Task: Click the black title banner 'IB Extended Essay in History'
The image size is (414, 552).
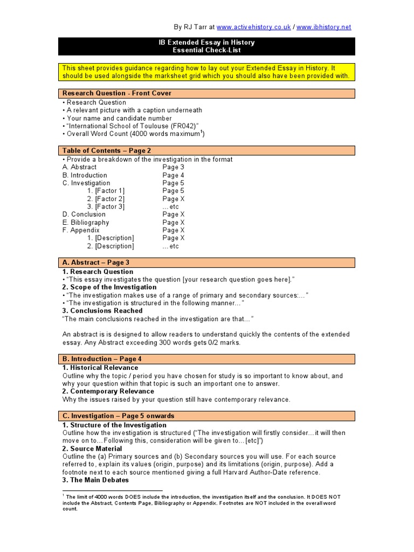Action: [x=207, y=46]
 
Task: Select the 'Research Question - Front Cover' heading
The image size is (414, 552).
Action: [x=117, y=93]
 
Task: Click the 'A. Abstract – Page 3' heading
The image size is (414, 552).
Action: [x=96, y=263]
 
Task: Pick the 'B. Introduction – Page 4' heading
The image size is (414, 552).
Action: [x=102, y=358]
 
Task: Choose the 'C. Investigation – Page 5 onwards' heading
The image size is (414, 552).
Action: [x=118, y=416]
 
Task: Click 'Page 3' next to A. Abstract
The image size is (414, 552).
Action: [x=173, y=167]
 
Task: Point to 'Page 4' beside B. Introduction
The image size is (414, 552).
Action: [x=173, y=175]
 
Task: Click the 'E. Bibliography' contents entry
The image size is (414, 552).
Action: [x=86, y=223]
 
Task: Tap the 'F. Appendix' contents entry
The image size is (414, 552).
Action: [x=81, y=230]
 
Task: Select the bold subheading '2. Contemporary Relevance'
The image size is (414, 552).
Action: [x=108, y=391]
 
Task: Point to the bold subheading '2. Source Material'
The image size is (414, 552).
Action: [x=92, y=448]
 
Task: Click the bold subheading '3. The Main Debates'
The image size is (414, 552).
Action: [x=95, y=480]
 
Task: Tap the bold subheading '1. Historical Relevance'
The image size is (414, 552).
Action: [x=100, y=368]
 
